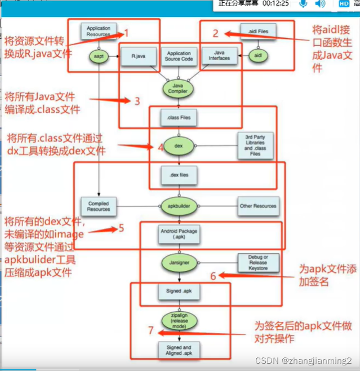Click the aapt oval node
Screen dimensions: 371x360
(99, 56)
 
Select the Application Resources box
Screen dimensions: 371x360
(99, 30)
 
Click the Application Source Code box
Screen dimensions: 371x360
(178, 56)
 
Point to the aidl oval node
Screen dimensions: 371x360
(258, 56)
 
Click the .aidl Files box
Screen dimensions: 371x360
(257, 30)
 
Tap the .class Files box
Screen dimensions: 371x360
(178, 118)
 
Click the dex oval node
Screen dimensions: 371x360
(178, 145)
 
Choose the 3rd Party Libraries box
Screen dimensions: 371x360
(255, 145)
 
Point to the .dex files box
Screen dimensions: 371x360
(178, 175)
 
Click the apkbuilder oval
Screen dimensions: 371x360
(178, 206)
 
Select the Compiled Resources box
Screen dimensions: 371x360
(99, 206)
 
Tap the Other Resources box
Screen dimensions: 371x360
(257, 206)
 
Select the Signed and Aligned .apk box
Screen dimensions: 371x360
(178, 350)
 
